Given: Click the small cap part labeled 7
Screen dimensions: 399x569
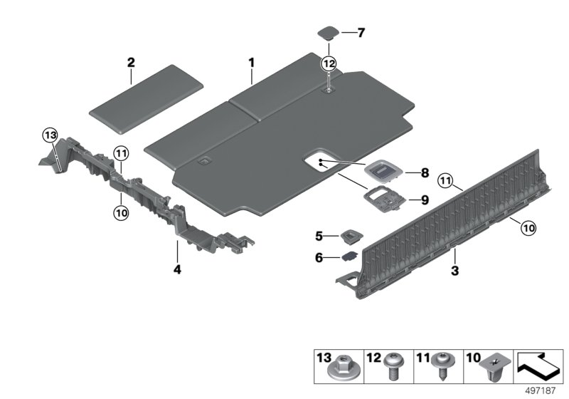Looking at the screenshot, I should coord(328,33).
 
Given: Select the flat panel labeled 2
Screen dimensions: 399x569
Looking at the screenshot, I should coord(136,98).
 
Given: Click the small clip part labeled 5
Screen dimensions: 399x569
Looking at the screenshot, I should coord(351,235).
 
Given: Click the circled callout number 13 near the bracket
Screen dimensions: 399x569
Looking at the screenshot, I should coord(48,135).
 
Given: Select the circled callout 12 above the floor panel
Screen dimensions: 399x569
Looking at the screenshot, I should coord(328,63).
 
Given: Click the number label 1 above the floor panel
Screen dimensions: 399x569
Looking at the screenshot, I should coord(251,63).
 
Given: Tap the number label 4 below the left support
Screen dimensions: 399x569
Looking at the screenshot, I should coord(176,270).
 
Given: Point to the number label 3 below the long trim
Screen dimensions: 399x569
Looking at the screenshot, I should coord(455,271).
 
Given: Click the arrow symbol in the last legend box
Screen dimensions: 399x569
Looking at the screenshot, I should coord(538,368).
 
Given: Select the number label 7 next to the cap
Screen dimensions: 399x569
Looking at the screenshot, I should coord(361,33).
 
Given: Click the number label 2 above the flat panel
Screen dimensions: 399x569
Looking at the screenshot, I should coord(131,62).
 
